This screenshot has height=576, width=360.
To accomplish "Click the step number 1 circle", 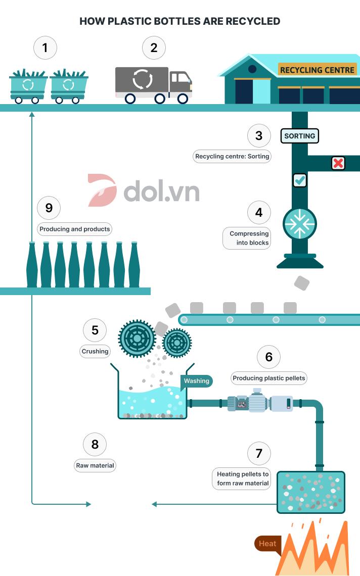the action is click(45, 48).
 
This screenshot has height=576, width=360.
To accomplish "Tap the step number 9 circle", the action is click(49, 208).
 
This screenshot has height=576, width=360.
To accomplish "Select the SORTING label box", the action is click(300, 136).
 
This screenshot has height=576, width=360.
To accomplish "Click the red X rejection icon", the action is click(338, 163).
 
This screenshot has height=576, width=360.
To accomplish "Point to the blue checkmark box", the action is click(300, 180).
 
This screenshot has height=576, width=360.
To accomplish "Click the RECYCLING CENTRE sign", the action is click(317, 70).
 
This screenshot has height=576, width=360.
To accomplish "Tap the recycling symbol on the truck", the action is click(142, 79).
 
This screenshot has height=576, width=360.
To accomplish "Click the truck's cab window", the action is click(179, 77).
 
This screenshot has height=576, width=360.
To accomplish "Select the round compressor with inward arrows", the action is click(300, 224).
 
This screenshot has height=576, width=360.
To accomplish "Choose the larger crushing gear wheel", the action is click(137, 339).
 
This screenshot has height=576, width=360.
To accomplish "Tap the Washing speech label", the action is click(196, 381).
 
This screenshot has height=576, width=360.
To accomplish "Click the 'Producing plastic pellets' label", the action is click(269, 378).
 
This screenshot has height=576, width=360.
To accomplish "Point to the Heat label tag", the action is click(267, 544).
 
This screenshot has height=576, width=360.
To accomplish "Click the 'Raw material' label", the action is click(95, 465).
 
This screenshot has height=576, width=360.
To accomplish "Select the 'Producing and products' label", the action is click(75, 229).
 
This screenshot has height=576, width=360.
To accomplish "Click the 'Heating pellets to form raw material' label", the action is click(241, 478).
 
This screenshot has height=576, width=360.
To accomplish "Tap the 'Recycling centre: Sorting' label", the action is click(232, 156).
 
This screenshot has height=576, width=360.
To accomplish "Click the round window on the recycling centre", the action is click(252, 69).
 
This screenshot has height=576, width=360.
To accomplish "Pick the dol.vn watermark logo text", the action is click(161, 190).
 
